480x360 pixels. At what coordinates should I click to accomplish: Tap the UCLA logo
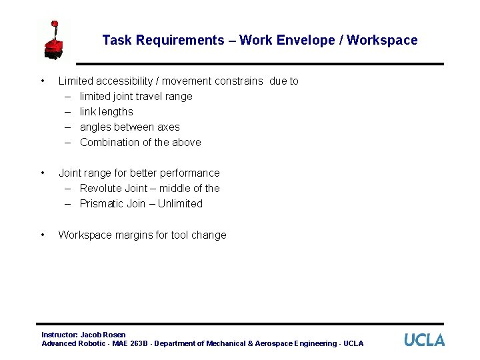pos(424,340)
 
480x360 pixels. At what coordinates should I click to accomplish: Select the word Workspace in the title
pos(383,40)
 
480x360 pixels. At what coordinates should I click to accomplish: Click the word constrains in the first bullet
pos(239,81)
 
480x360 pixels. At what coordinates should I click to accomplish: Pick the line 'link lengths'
pos(106,111)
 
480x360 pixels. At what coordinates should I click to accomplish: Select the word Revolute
pos(101,188)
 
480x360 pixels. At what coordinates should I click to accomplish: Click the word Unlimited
pos(180,203)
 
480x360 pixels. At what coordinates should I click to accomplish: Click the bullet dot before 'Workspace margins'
pos(43,235)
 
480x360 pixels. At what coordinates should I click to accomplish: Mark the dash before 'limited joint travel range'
pos(68,96)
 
